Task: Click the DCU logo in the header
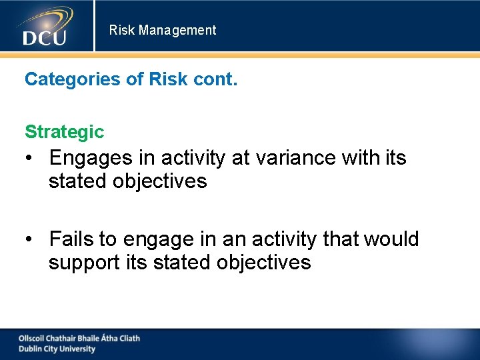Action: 45,27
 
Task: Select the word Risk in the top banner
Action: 122,30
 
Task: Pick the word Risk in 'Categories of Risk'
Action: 168,79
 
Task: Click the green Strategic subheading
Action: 64,132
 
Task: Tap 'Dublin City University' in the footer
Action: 57,349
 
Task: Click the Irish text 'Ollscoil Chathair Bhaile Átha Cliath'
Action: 79,338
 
